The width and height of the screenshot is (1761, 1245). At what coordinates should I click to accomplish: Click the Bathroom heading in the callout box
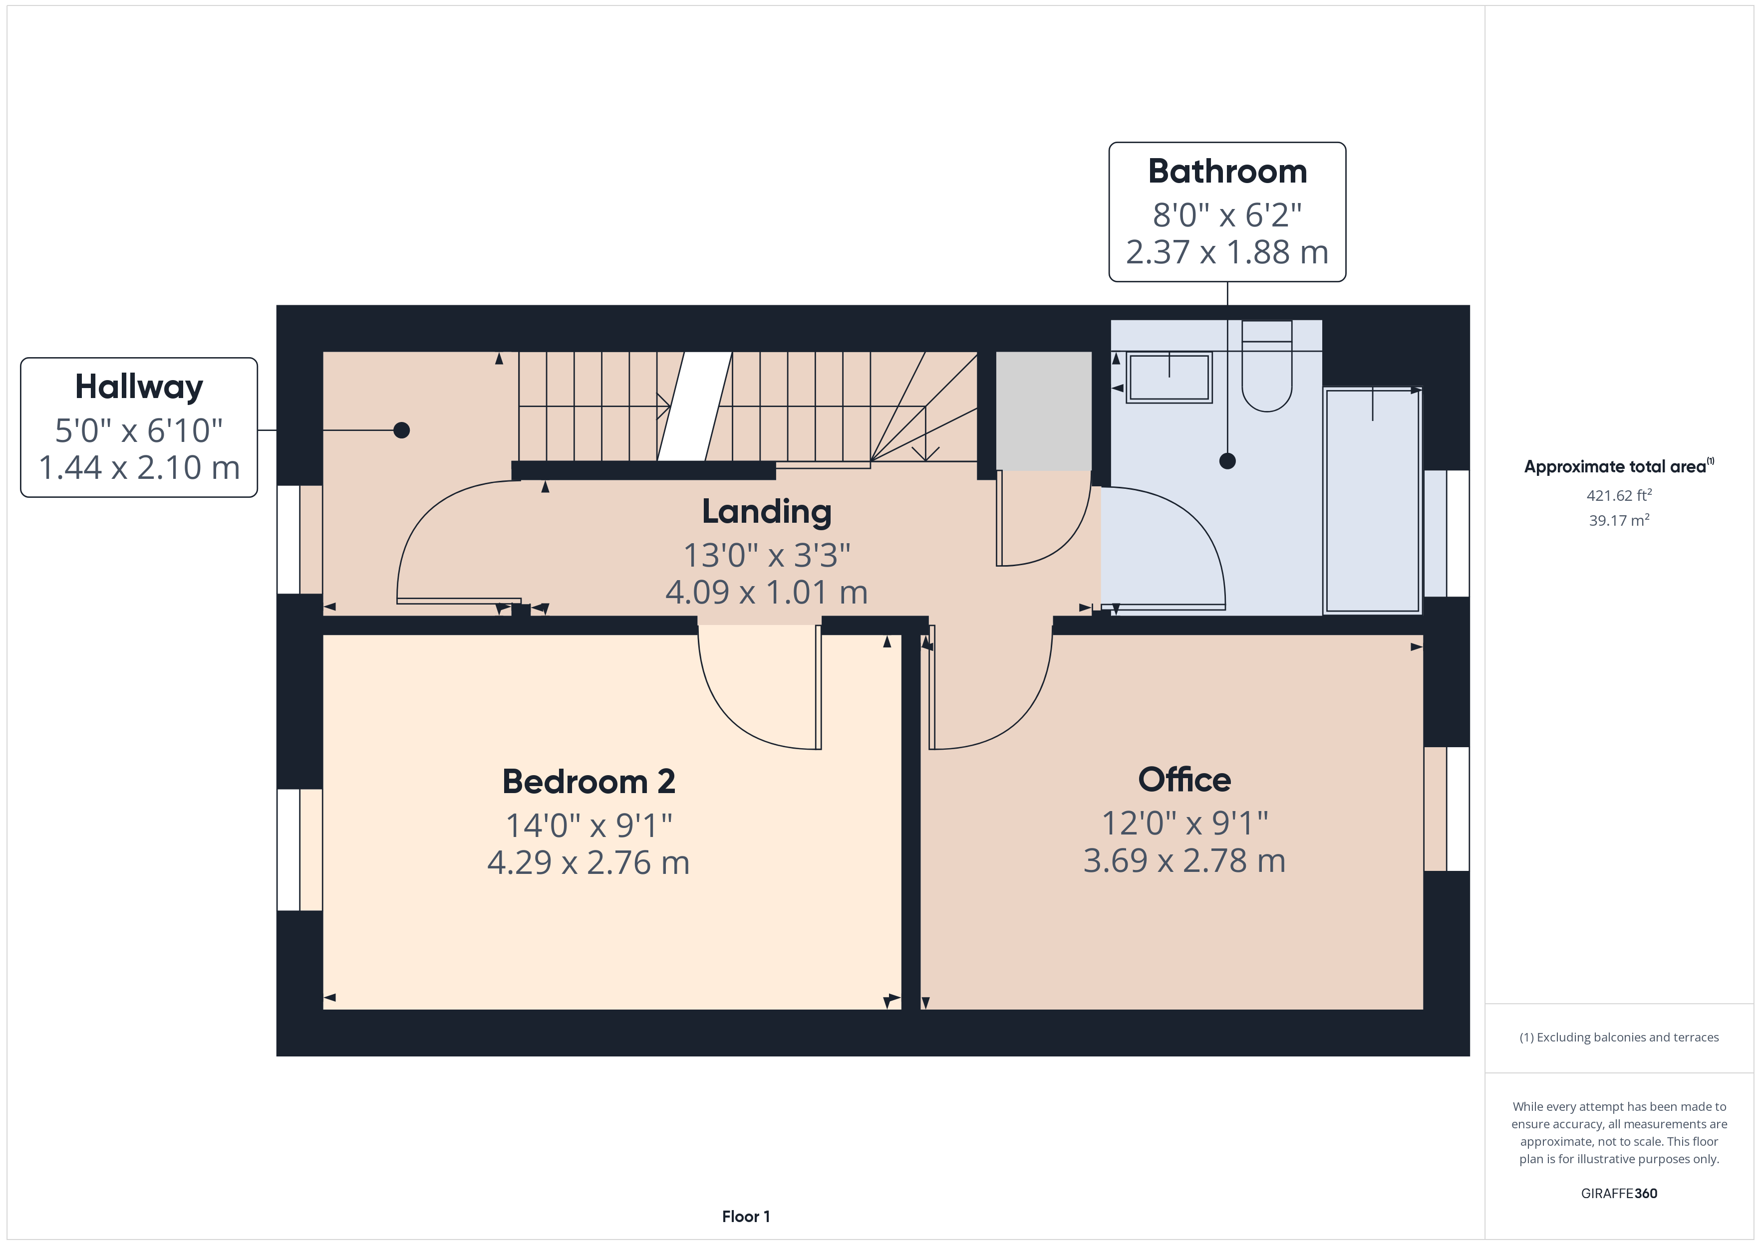pos(1227,171)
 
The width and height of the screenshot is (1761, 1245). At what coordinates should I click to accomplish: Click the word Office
pos(1184,780)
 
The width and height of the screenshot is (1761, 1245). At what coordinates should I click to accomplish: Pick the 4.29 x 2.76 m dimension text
pos(588,862)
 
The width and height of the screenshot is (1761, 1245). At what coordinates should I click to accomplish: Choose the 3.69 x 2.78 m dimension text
pos(1184,860)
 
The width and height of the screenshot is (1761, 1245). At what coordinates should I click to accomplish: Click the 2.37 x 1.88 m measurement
pos(1227,252)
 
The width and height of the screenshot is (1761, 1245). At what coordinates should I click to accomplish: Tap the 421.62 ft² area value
pos(1619,495)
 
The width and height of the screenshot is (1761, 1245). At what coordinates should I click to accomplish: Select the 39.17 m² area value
pos(1619,520)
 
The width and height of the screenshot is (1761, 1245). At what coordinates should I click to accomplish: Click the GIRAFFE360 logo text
pos(1619,1193)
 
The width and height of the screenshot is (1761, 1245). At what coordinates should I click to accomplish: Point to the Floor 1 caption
pos(746,1216)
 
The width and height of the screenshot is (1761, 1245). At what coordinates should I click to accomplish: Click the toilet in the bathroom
pos(1266,366)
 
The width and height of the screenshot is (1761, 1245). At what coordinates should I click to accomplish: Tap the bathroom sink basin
pos(1169,377)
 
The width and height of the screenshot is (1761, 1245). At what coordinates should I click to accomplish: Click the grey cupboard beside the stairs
pos(1043,411)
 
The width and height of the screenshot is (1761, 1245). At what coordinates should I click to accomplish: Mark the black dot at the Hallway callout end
pos(401,430)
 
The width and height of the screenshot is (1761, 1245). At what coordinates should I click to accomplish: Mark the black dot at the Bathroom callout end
pos(1227,461)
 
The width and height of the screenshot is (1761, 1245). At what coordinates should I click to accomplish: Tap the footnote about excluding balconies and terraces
pos(1619,1037)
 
